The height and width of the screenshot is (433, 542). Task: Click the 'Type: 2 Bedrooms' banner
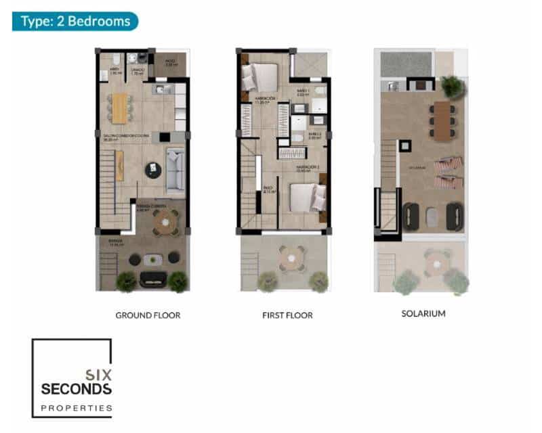tap(75, 21)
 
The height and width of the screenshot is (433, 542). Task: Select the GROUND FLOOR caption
tap(148, 315)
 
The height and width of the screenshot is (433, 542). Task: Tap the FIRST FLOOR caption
tap(287, 315)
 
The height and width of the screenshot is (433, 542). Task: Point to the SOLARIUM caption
tap(423, 314)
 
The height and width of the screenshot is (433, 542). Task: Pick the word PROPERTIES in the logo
tap(75, 408)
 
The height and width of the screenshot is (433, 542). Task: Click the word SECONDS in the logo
tap(75, 389)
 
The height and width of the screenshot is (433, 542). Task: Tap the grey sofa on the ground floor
tap(175, 170)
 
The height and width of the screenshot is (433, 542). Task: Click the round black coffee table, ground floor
tap(154, 170)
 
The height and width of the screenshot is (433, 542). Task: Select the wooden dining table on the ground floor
tap(119, 107)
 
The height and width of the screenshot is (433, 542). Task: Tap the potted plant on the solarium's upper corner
tap(451, 86)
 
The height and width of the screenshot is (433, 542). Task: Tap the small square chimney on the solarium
tap(404, 145)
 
